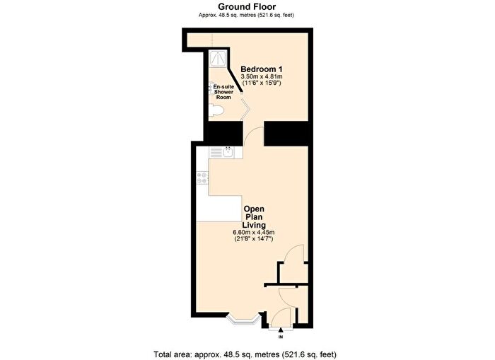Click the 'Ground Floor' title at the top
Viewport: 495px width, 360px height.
pos(247,6)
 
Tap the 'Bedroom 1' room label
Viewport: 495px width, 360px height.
pos(262,69)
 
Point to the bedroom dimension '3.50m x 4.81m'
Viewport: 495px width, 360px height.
pos(262,76)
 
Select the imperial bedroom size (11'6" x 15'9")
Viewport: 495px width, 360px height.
pos(262,83)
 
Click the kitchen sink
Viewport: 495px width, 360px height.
pos(228,151)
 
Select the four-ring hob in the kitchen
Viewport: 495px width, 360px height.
pos(203,178)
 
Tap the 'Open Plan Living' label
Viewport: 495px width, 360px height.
pos(254,218)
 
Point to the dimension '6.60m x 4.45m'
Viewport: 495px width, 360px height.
pos(254,233)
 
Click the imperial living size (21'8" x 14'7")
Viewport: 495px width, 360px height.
pos(254,240)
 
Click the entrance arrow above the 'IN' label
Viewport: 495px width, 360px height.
pos(281,329)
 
